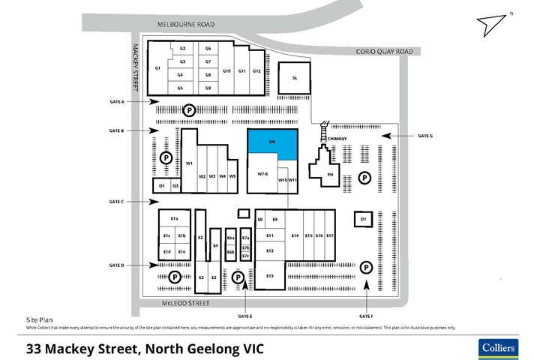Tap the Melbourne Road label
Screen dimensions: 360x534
[185, 25]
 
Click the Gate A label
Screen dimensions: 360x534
[116, 101]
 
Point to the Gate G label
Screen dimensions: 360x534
[425, 136]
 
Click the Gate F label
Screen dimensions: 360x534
[366, 316]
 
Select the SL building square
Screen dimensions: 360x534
[295, 78]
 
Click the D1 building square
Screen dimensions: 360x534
[363, 219]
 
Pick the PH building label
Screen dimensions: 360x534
[329, 175]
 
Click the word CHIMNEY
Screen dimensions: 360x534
[336, 139]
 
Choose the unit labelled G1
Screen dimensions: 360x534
[157, 69]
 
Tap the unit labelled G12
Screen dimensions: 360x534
[256, 71]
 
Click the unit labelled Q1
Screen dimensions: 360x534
[161, 185]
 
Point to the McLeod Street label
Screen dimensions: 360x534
[184, 304]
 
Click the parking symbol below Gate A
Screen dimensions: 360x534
[190, 110]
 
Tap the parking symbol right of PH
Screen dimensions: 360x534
[364, 178]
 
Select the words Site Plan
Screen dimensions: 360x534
[39, 319]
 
